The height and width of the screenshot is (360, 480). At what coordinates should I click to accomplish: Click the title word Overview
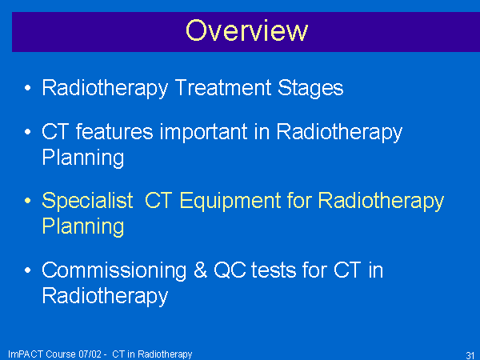point(246,30)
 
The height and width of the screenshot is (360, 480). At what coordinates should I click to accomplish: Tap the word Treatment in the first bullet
point(223,87)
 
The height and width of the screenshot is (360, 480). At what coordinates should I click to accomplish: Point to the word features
point(114,132)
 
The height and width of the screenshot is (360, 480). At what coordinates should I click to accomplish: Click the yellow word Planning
point(83,228)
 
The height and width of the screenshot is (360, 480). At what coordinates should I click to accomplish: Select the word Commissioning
point(114,271)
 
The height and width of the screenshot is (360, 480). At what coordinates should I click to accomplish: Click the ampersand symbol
point(200,270)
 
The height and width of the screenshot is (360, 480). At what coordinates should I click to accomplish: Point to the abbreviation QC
point(230,270)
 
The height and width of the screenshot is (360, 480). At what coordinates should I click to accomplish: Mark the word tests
point(274,270)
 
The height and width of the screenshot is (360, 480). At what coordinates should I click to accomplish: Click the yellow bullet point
point(27,201)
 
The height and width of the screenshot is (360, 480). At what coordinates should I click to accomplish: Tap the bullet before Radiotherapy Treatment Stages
point(27,88)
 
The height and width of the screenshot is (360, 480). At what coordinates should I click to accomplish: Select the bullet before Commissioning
point(27,270)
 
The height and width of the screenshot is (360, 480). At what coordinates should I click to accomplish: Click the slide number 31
point(470,355)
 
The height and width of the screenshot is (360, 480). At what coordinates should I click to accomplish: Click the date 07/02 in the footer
point(90,354)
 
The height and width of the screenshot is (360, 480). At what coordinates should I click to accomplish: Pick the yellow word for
point(299,201)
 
